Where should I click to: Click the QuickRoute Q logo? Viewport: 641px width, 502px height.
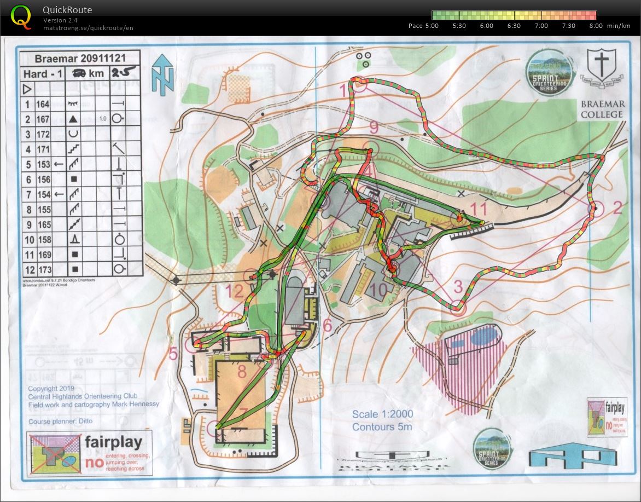pos(21,16)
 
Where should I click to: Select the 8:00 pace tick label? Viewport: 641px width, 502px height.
pos(596,26)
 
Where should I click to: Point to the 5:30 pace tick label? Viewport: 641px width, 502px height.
pos(459,26)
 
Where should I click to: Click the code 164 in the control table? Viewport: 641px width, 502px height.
pos(43,104)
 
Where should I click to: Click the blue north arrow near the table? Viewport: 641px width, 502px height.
pos(163,74)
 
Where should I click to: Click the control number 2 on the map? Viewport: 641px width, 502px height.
pos(617,207)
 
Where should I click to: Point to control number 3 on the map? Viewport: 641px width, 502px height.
pos(458,286)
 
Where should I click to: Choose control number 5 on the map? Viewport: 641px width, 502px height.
pos(173,354)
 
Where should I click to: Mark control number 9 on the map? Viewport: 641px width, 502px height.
pos(374,128)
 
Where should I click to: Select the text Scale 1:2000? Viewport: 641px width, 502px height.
pos(382,414)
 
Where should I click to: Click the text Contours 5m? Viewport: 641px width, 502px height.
pos(382,427)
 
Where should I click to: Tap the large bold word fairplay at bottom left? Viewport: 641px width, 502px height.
pos(113,442)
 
